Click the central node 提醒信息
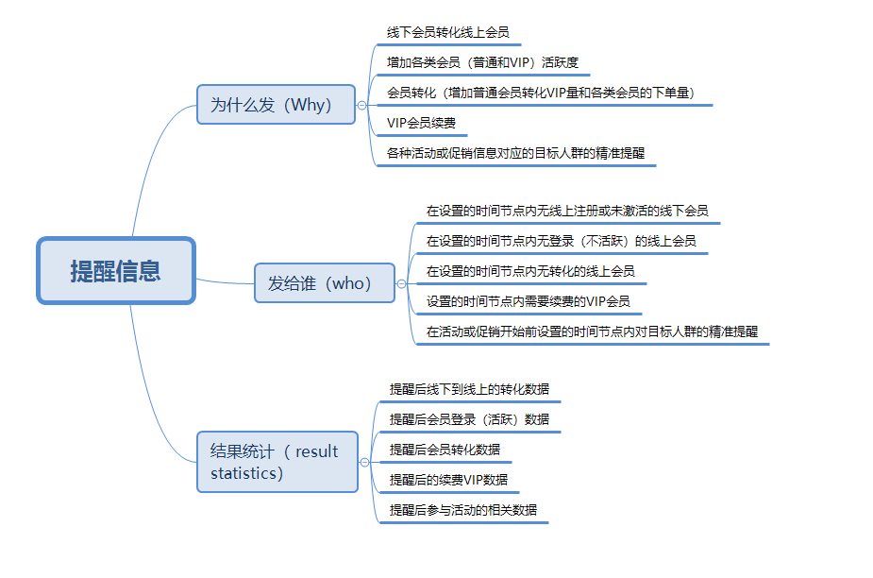coord(116,271)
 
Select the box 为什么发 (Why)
coord(276,104)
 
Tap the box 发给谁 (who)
coord(325,283)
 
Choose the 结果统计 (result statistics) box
coord(277,462)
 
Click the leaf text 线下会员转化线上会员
coord(447,32)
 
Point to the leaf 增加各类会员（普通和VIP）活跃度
coord(482,62)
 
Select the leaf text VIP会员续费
coord(422,123)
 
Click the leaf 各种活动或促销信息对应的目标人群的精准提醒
coord(515,153)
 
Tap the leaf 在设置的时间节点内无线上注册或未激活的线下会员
coord(567,211)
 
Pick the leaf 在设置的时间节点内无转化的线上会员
coord(530,271)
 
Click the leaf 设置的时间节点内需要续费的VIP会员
coord(529,301)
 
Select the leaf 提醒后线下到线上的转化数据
coord(469,389)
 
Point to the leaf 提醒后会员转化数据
coord(445,450)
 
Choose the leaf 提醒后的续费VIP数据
coord(448,480)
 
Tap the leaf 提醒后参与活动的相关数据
coord(463,509)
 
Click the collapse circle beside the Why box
coord(361,105)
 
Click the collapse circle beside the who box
coord(401,283)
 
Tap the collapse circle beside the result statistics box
coord(364,462)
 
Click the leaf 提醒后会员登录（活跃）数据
coord(469,419)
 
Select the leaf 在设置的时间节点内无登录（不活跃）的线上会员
coord(562,241)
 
